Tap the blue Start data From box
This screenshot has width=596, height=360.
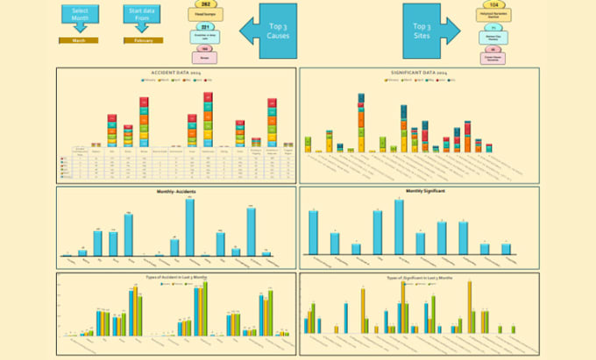[143, 15]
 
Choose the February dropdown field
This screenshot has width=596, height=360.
[143, 40]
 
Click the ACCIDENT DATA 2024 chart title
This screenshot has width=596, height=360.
[177, 73]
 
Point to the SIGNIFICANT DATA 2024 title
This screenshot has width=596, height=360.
[419, 73]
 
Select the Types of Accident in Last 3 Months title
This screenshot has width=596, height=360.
[177, 276]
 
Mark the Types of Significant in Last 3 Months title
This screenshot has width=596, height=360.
[419, 276]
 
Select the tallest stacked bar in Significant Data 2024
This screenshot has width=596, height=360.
[361, 123]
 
